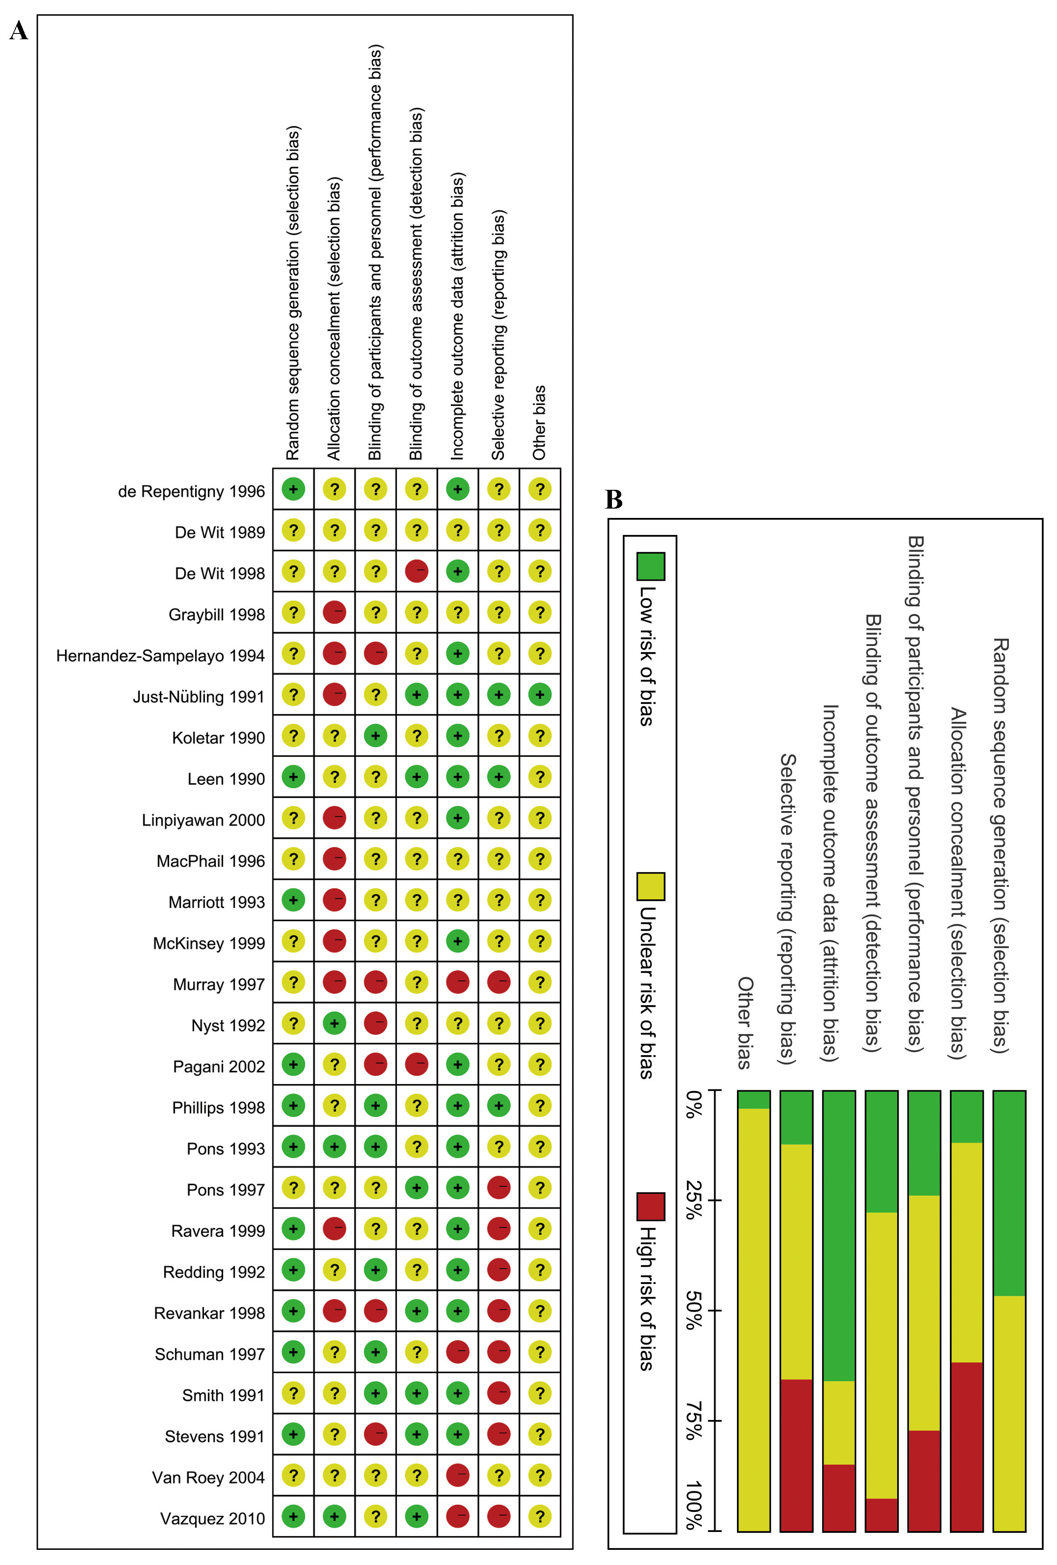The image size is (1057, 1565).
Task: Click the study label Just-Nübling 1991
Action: click(198, 696)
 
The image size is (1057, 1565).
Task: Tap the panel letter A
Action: click(19, 31)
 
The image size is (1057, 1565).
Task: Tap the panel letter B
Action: click(614, 499)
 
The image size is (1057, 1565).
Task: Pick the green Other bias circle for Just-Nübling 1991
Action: click(540, 694)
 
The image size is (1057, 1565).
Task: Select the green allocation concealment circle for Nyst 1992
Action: click(334, 1023)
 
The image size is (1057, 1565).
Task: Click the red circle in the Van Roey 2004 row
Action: click(458, 1475)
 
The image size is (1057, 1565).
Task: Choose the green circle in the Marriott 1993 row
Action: click(293, 900)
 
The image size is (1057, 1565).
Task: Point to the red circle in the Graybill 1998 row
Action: click(334, 612)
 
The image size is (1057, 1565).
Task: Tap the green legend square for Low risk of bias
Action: click(650, 566)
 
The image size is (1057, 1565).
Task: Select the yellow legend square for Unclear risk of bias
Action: click(650, 886)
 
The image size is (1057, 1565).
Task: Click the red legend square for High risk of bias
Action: click(650, 1206)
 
